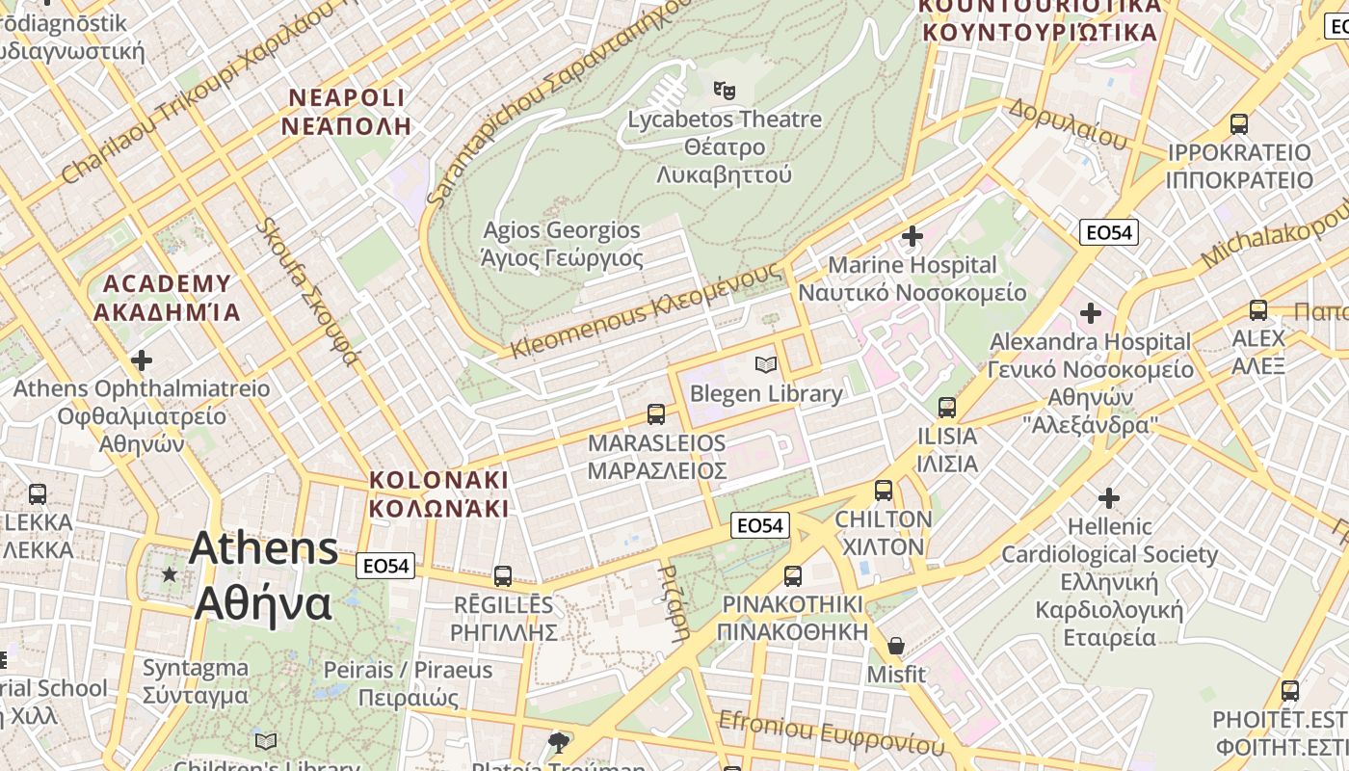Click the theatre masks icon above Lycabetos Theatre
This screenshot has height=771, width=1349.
tap(725, 92)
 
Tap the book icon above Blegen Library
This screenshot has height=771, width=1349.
tap(766, 364)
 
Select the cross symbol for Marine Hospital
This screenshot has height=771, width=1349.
tap(912, 235)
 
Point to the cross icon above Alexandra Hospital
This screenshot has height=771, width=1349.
tap(1091, 313)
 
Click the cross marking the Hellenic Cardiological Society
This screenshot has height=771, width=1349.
tap(1109, 498)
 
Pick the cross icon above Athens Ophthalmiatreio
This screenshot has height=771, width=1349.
tap(142, 360)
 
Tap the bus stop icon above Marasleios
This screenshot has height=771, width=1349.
tap(656, 414)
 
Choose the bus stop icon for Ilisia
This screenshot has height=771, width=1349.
tap(946, 408)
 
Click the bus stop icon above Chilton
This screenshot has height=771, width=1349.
tap(884, 491)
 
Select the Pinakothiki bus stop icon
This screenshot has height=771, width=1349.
tap(792, 576)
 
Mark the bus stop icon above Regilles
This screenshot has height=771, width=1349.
tap(503, 576)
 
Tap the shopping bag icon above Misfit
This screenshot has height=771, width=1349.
tap(896, 646)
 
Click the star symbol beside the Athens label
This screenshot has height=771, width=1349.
tap(170, 574)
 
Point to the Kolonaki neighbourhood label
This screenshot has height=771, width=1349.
tap(438, 493)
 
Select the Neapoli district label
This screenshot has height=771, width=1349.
tap(347, 112)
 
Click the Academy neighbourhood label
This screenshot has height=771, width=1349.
tap(167, 298)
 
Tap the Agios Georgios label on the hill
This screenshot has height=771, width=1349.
tap(562, 244)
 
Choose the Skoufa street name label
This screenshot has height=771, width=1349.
tap(307, 292)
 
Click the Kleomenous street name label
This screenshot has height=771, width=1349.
tap(646, 310)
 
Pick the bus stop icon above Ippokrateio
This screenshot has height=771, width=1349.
tap(1239, 124)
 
